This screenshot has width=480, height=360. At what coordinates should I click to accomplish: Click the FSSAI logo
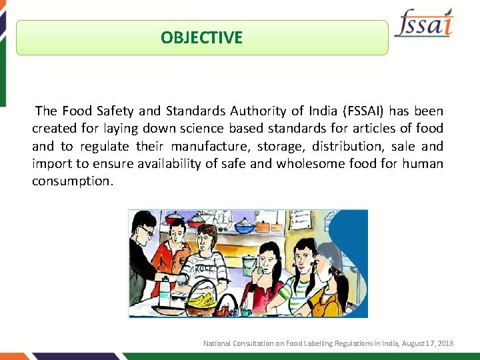tap(424, 24)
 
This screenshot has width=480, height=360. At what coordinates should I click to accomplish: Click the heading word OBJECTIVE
tap(201, 37)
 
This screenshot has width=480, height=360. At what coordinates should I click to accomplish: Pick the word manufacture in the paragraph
tap(203, 146)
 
